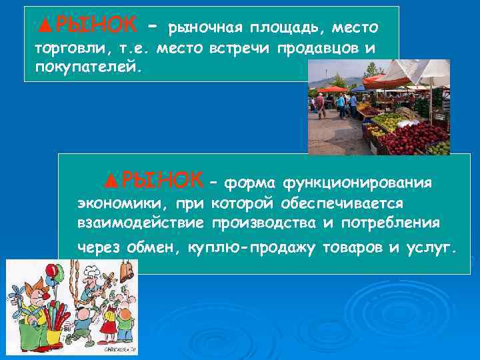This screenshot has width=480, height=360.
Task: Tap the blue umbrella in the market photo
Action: tap(360, 87)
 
